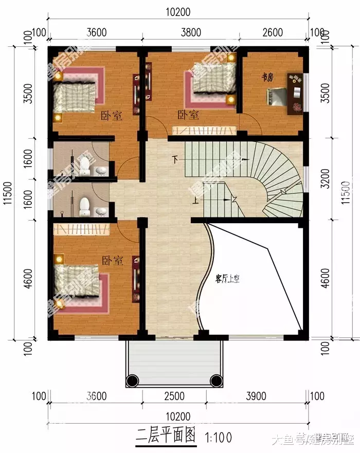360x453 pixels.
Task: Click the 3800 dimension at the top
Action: [x=191, y=32]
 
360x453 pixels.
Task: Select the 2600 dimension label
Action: [x=273, y=32]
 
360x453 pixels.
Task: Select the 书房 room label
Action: [x=267, y=77]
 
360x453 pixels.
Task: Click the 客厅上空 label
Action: [x=228, y=280]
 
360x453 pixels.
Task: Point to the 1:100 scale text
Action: [x=220, y=438]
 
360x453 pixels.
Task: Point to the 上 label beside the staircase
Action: [x=196, y=201]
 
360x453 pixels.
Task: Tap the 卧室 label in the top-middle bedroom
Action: [x=188, y=114]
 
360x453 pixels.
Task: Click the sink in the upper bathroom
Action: [x=101, y=171]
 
